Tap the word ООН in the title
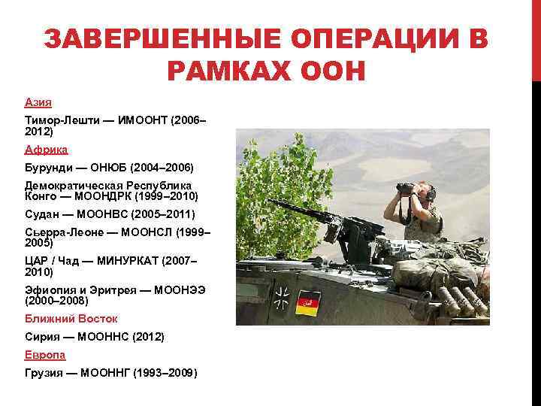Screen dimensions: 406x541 coord(329,72)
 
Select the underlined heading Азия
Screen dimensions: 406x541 coord(38,101)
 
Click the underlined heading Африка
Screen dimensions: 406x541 coord(46,150)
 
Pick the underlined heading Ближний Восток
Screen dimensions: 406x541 coord(71,318)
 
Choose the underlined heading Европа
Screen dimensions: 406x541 coord(45,354)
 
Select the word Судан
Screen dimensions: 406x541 coord(41,214)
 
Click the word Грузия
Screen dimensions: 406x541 coord(43,372)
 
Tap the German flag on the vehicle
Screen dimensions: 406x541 coord(308,303)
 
